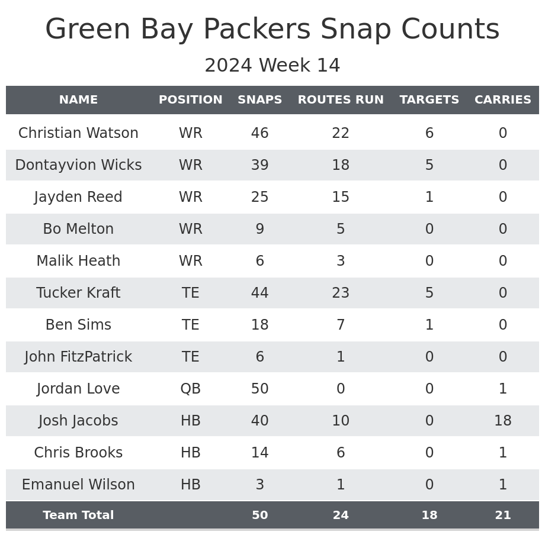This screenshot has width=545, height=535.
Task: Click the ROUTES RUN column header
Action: [341, 100]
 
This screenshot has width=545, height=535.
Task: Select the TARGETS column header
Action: [429, 100]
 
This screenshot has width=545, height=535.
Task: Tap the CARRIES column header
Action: [502, 100]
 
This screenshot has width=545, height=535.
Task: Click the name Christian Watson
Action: [78, 133]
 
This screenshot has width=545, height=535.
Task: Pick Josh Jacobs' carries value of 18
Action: [502, 421]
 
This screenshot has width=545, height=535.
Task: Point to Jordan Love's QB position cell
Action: [190, 389]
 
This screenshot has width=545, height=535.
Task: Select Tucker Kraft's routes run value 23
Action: [341, 293]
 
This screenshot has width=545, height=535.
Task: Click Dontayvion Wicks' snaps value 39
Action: [259, 165]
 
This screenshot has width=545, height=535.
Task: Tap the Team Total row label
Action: [78, 515]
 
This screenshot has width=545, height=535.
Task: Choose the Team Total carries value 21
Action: [502, 515]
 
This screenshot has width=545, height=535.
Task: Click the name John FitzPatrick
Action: [78, 357]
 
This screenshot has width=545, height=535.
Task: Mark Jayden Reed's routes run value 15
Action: [341, 197]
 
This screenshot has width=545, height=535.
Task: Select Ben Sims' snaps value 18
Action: [259, 325]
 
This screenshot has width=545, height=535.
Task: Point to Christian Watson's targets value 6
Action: [429, 133]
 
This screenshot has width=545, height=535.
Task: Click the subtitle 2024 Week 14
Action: [272, 66]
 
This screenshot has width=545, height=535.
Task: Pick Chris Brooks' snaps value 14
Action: [259, 453]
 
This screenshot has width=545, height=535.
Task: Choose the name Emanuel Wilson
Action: [78, 485]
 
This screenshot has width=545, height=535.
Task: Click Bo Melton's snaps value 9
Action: [259, 229]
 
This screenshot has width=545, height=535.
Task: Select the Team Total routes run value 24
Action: [341, 515]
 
